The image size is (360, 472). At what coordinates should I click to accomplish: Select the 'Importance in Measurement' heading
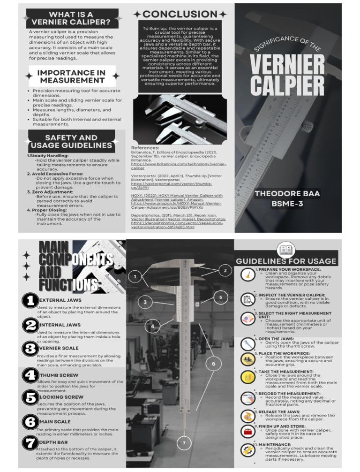click(72, 76)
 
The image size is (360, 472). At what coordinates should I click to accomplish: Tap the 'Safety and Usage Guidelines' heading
click(71, 142)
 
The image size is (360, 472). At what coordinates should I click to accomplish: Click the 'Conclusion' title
click(180, 15)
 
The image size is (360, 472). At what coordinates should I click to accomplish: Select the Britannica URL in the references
click(179, 166)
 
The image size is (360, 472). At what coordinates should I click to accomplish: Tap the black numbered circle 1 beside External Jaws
click(30, 301)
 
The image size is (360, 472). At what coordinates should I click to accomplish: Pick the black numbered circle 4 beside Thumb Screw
click(30, 375)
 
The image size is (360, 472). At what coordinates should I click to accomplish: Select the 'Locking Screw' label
click(55, 397)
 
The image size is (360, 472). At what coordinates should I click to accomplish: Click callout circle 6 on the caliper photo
click(213, 364)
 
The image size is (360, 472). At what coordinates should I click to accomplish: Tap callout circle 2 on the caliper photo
click(225, 270)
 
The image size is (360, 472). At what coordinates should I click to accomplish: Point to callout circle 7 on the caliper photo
click(184, 442)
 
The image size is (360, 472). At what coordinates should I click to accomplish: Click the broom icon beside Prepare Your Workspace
click(247, 275)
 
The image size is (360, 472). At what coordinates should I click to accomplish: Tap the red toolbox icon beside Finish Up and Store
click(247, 431)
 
